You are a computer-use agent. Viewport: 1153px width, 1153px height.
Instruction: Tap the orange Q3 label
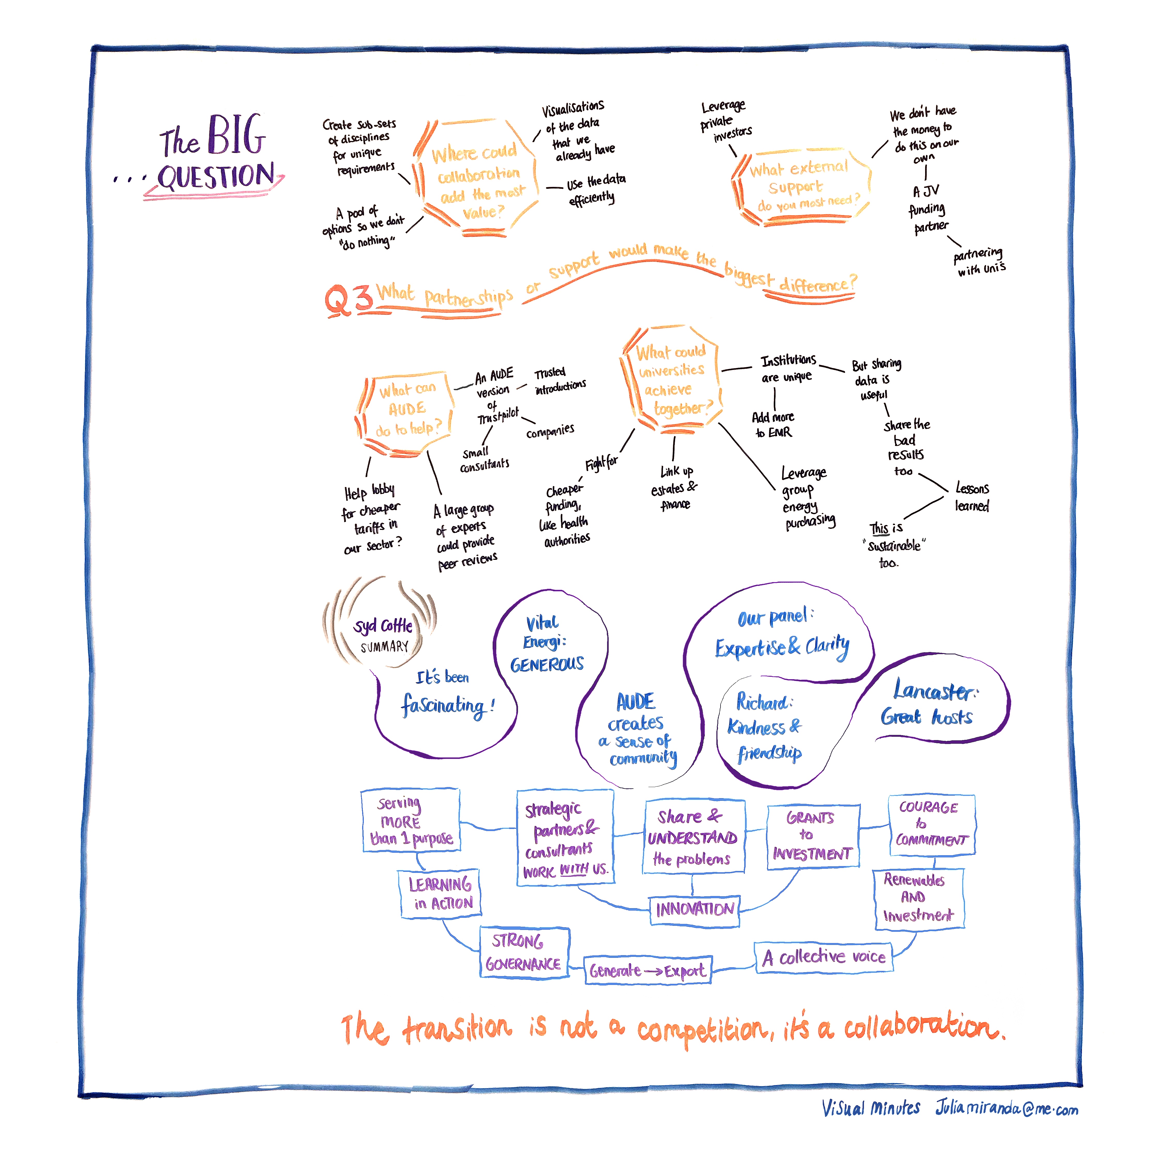tap(348, 299)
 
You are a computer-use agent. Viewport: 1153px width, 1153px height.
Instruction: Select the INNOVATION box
tap(694, 909)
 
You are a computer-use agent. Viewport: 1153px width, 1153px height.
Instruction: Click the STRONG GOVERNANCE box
tap(524, 952)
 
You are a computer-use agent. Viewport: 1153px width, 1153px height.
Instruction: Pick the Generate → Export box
tap(648, 971)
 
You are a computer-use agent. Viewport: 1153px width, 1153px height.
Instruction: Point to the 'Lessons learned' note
tap(971, 497)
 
